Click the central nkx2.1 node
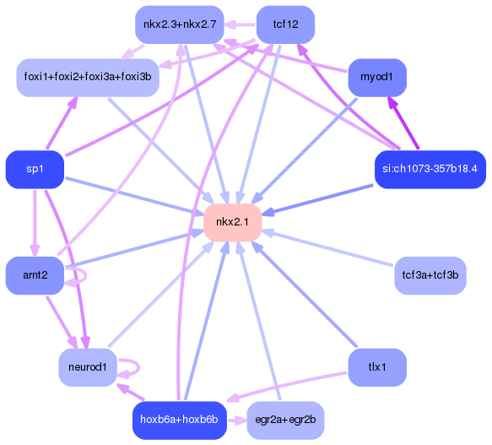tap(232, 222)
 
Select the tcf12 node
tap(285, 24)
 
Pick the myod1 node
tap(376, 78)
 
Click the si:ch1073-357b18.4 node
tap(430, 169)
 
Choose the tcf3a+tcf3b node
tap(430, 275)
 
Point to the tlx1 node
tap(376, 367)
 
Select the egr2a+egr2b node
tap(285, 420)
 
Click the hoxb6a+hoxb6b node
tap(179, 420)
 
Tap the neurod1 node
tap(87, 367)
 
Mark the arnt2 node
tap(35, 275)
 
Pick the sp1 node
tap(35, 169)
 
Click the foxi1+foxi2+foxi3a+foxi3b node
tap(87, 78)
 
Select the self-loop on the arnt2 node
tap(80, 275)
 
